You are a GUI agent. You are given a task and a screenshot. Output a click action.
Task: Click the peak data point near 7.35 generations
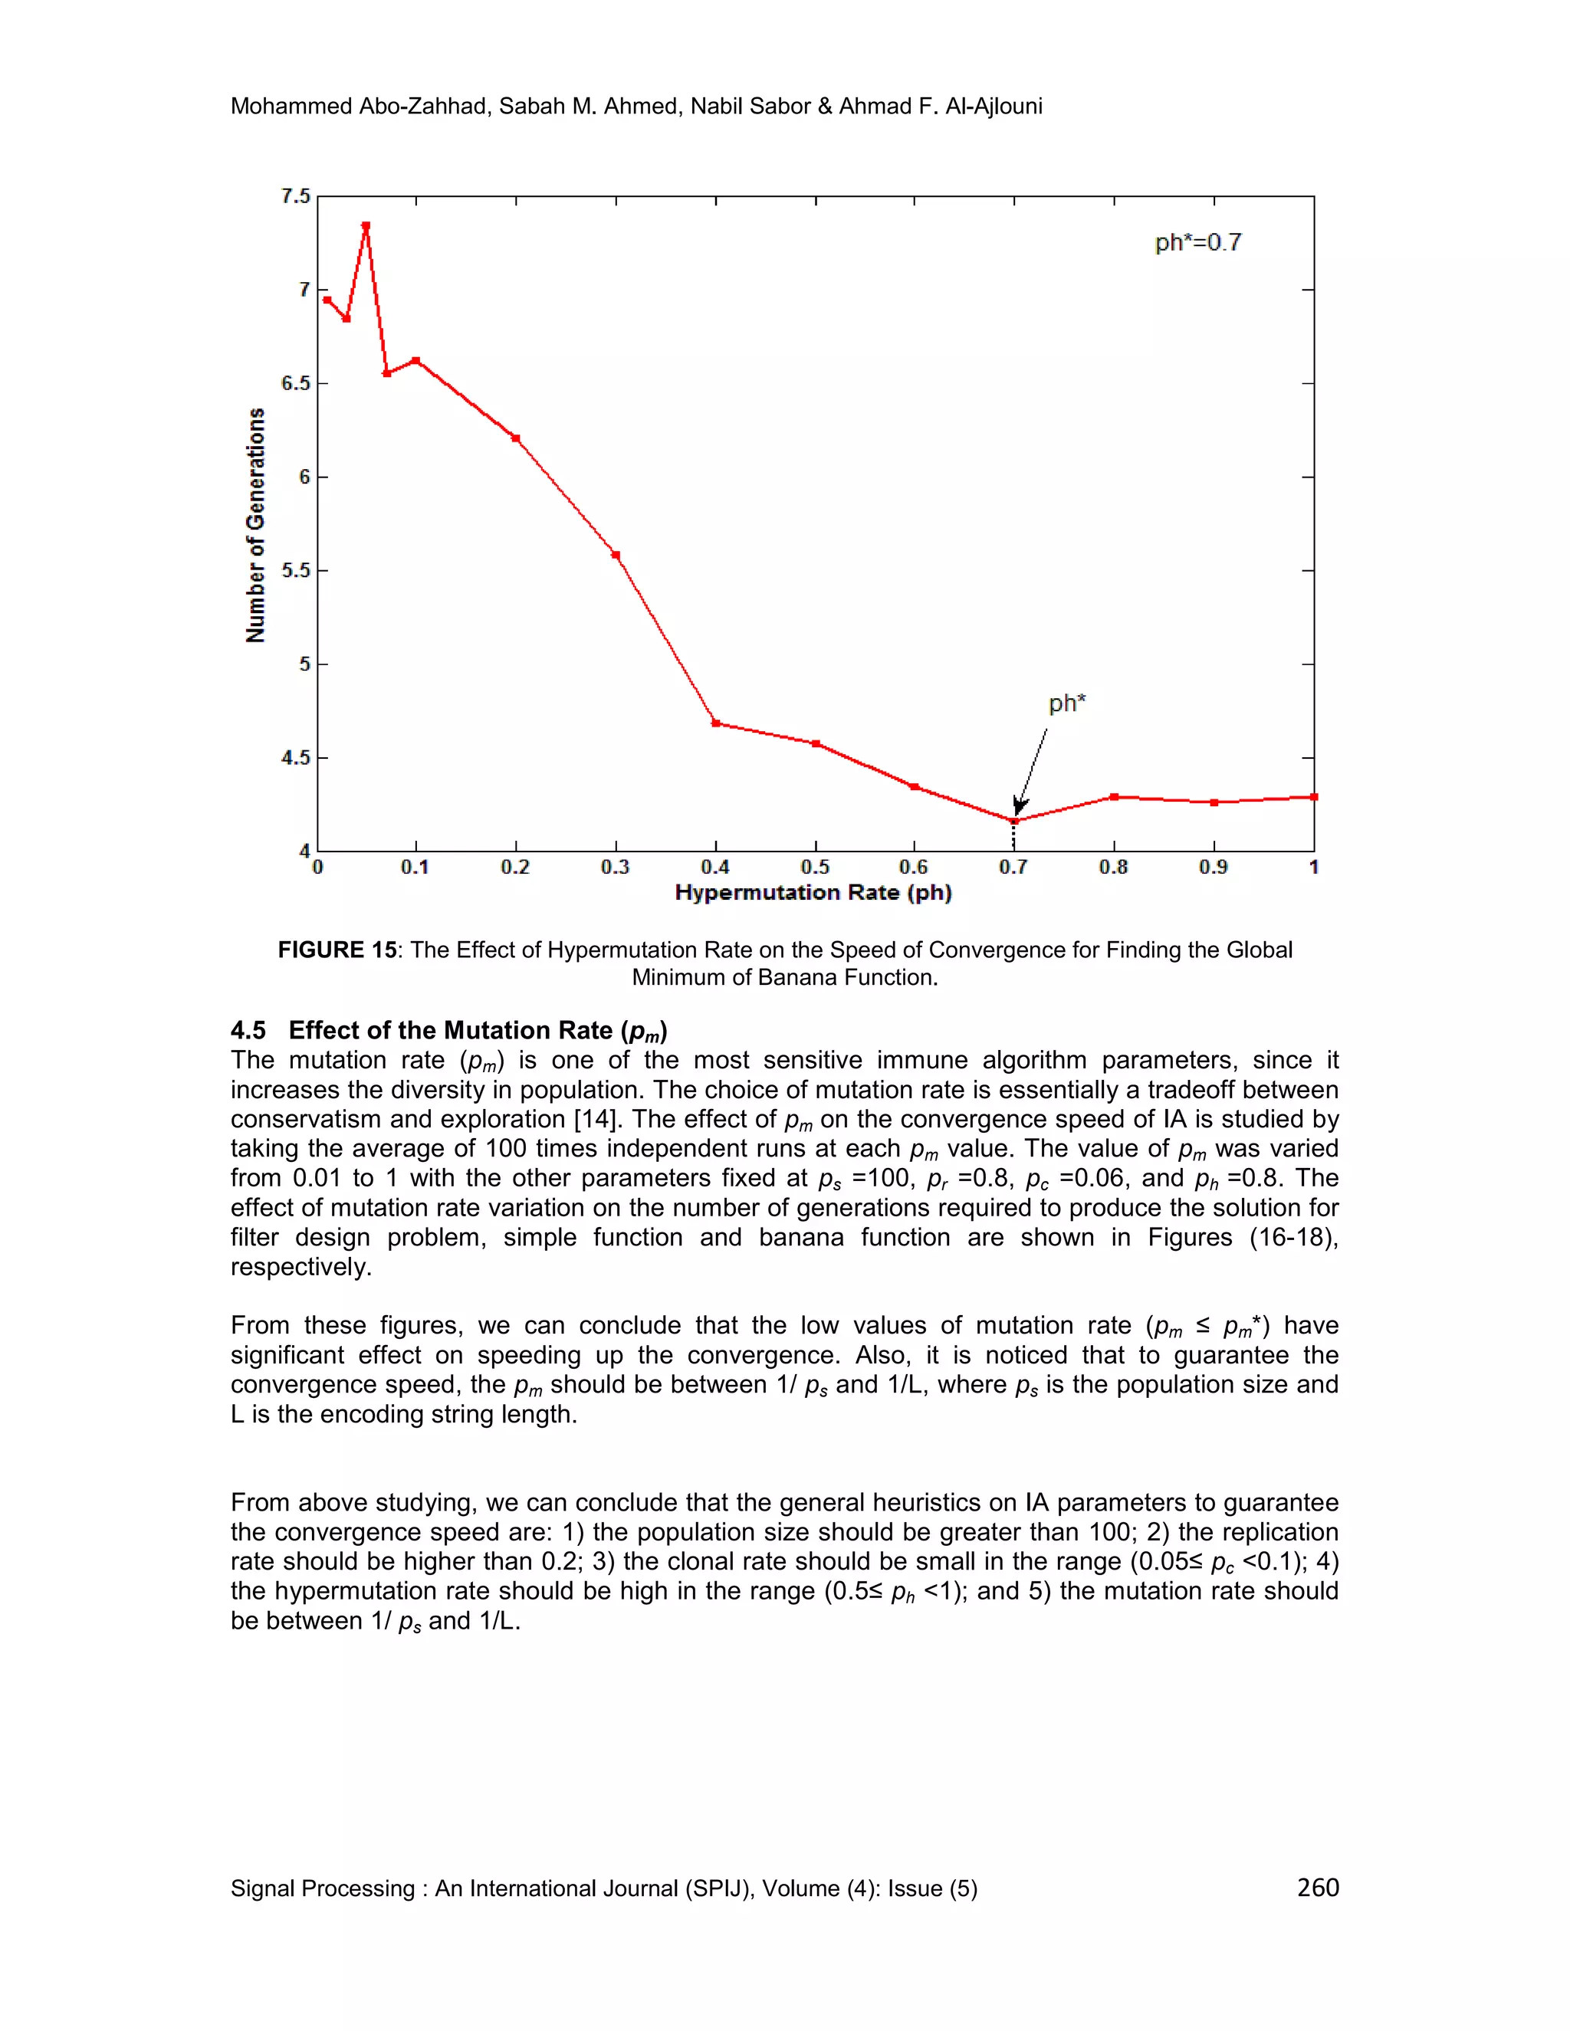[366, 226]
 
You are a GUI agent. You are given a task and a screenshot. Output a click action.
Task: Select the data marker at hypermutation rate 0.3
[616, 555]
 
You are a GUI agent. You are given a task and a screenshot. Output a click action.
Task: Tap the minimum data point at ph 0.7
[1015, 820]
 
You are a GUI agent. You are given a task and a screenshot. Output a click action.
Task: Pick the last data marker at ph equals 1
[1313, 797]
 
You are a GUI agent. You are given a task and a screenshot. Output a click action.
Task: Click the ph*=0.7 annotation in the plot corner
[1198, 243]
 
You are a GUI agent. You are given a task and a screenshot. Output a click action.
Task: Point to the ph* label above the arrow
[1067, 703]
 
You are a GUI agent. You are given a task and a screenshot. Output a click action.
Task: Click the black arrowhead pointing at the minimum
[1020, 806]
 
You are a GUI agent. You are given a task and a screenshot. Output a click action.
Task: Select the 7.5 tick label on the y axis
[295, 196]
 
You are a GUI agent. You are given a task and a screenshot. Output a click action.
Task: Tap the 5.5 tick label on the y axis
[295, 570]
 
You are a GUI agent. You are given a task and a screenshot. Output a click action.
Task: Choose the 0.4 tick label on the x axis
[715, 868]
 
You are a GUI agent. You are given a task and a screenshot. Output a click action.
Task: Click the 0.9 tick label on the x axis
[1213, 868]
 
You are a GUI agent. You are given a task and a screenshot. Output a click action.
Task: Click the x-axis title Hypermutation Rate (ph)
[813, 893]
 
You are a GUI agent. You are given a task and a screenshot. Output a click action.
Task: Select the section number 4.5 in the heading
[248, 1030]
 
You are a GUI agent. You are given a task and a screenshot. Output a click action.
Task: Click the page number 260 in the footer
[1317, 1887]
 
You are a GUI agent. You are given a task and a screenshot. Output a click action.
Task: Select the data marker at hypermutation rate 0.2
[515, 438]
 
